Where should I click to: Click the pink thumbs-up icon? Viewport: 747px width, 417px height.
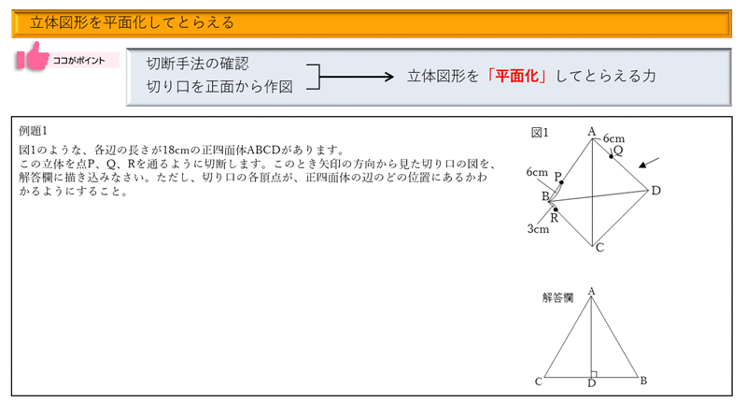33,57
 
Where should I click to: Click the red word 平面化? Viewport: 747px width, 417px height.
516,76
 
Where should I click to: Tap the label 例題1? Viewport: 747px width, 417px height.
33,131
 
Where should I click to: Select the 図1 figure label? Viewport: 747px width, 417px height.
540,133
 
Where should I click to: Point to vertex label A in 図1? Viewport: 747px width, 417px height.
592,131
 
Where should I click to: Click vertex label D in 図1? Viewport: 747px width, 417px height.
656,191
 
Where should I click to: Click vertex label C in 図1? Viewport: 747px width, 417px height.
599,248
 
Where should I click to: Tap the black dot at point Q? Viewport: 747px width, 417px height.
612,156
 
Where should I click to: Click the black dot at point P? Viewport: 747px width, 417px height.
562,182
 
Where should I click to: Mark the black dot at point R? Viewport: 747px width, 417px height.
556,209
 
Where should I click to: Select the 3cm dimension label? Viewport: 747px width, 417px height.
538,229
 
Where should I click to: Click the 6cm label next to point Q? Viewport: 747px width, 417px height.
613,138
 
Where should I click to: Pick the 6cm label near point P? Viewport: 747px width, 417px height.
537,172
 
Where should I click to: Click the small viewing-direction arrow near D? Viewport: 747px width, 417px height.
649,163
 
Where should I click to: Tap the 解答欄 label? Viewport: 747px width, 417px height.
557,297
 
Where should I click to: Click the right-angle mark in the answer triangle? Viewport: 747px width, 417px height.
594,374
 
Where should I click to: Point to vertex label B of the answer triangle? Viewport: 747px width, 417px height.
643,381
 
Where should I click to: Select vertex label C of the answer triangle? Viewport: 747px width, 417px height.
539,381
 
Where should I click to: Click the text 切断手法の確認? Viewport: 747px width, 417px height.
197,64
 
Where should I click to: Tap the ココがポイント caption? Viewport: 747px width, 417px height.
78,61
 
